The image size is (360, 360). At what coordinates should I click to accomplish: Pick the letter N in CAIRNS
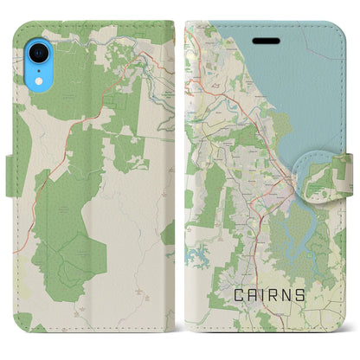285,295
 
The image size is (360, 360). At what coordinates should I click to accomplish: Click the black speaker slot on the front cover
262,40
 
